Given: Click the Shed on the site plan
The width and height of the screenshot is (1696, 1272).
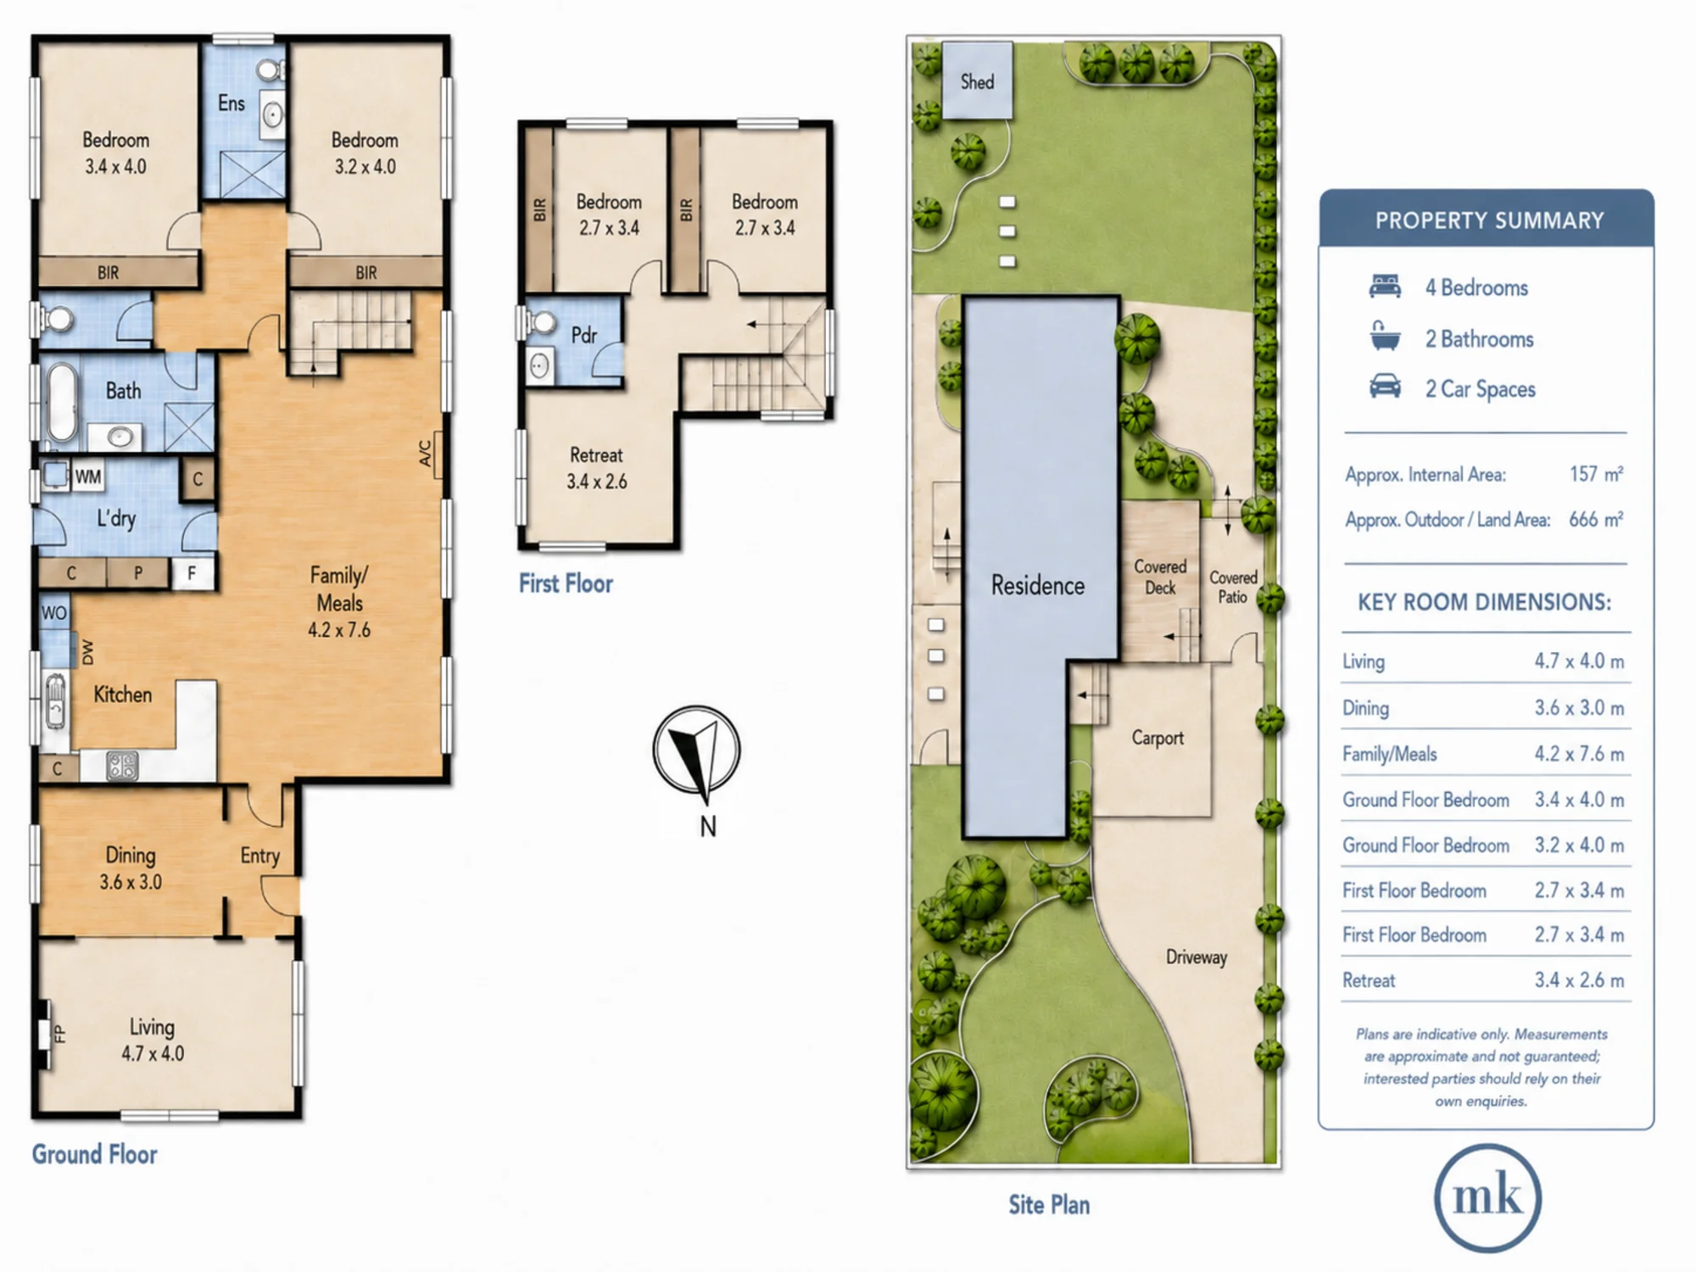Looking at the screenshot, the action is coord(977,81).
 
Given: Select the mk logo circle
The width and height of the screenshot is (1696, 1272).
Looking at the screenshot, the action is coord(1487,1197).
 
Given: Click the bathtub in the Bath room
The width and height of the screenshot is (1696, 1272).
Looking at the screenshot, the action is coord(61,403).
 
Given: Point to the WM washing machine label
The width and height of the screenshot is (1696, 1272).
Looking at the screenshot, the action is coord(88,477).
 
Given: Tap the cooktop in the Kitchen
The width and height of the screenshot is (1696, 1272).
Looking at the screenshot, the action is coord(122,766).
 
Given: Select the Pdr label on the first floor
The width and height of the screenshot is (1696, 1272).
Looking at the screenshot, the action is coord(584,336).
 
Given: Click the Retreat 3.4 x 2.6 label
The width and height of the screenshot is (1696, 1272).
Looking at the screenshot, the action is coord(597,468).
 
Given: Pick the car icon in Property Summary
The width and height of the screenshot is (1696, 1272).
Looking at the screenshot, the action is coord(1385,387).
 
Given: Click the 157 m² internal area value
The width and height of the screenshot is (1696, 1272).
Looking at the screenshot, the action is coord(1596,474).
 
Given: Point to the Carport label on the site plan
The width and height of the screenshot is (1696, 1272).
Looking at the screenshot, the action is coord(1158,738).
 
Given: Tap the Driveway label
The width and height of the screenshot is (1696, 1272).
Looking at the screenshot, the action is coord(1197,957).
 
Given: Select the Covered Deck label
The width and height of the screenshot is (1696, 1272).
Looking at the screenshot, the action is coord(1160,577).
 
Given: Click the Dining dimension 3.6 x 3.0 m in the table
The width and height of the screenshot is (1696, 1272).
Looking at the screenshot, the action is coord(1579,708).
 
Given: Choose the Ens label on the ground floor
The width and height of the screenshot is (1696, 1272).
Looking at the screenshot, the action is coord(232,103).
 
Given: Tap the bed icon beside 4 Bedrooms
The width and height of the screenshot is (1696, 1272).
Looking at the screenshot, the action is coord(1385,286).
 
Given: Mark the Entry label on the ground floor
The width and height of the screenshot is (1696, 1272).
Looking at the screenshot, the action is coord(259,856).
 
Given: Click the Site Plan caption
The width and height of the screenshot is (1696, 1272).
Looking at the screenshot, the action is coord(1049,1205).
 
